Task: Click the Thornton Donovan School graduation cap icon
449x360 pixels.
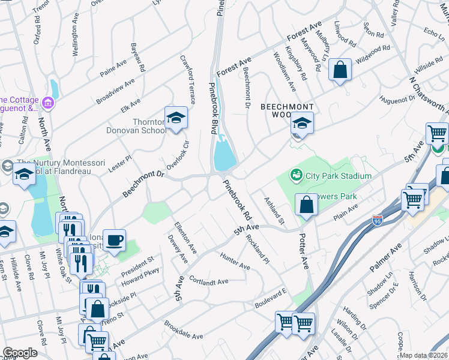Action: pos(176,118)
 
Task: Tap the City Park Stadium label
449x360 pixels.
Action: pos(339,176)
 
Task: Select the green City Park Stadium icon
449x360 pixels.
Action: pos(295,175)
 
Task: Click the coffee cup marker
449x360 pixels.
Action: pos(114,240)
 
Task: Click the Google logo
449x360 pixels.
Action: pos(20,353)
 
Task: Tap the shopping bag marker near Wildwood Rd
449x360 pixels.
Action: pos(340,70)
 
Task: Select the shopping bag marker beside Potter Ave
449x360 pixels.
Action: pos(306,205)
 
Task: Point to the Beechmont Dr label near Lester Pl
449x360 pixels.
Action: pos(143,183)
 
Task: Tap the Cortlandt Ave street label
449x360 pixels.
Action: pos(209,281)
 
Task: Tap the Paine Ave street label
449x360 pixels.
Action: pos(113,68)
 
